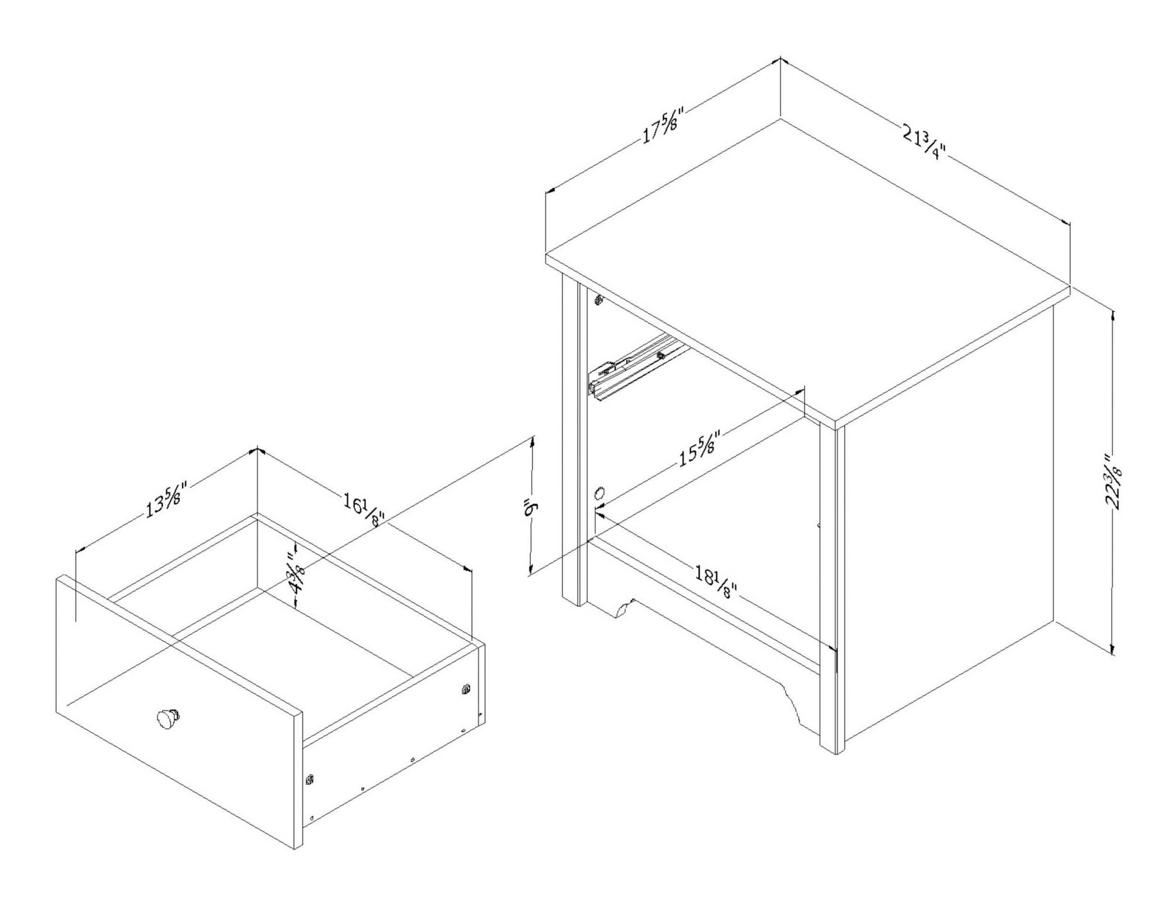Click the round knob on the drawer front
click(168, 717)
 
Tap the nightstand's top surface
click(808, 269)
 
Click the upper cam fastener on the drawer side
click(466, 688)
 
